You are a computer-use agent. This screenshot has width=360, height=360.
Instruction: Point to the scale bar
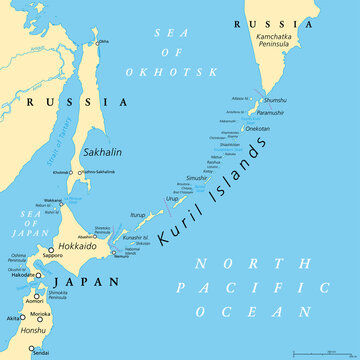coord(321,352)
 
